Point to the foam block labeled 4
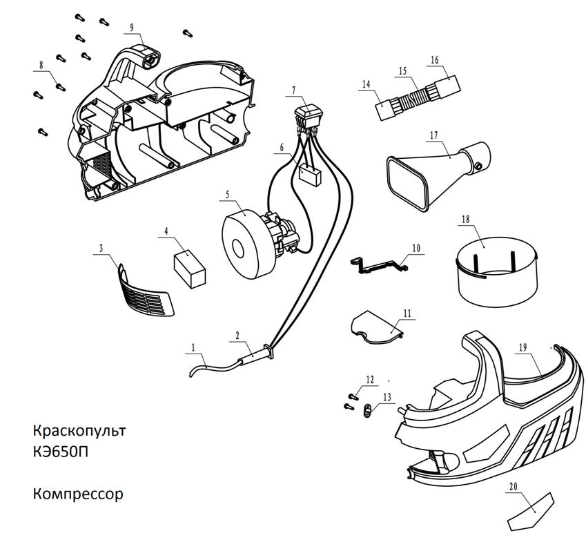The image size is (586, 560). tap(190, 268)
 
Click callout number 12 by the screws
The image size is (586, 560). tap(370, 379)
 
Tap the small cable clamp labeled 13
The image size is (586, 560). tap(367, 411)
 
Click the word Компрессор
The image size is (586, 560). tap(77, 494)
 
